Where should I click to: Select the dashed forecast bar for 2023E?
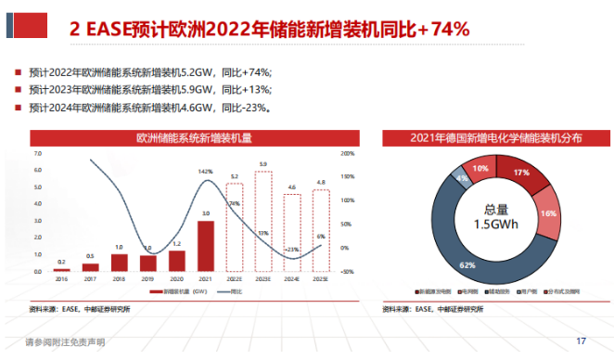point(263,221)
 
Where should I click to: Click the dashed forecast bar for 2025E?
point(321,230)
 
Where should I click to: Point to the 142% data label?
point(206,172)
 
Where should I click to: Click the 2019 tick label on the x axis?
point(148,278)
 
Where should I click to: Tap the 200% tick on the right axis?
point(349,153)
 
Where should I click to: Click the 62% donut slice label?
point(467,265)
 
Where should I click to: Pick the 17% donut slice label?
point(520,174)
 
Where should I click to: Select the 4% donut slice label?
point(461,177)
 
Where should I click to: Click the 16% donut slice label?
point(547,213)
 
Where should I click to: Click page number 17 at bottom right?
point(582,341)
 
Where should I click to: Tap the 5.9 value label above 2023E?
point(263,164)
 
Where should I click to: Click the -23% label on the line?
point(291,249)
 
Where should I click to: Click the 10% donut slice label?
point(480,169)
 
